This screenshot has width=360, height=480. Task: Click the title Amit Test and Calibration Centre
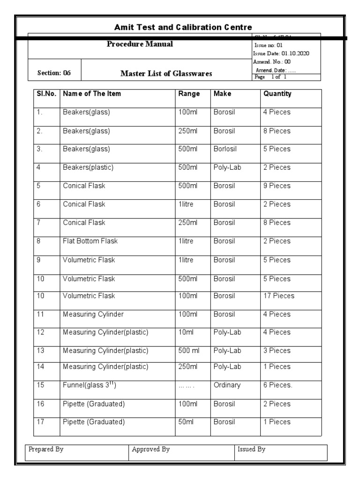(183, 27)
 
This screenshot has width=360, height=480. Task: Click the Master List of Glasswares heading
(166, 74)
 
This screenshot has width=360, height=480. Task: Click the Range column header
(189, 94)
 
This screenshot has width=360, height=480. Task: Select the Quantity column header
(277, 94)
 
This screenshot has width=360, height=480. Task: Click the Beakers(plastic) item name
(88, 167)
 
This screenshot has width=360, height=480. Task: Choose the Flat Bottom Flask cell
(90, 241)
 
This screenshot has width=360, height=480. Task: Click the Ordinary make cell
(227, 385)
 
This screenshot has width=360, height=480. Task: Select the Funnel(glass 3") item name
(89, 385)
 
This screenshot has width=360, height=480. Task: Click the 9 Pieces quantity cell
(277, 186)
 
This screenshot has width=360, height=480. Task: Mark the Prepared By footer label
(46, 450)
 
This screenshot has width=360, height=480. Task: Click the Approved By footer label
(150, 450)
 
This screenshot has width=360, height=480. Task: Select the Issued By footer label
(251, 450)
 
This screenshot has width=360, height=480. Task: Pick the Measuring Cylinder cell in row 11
(93, 315)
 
